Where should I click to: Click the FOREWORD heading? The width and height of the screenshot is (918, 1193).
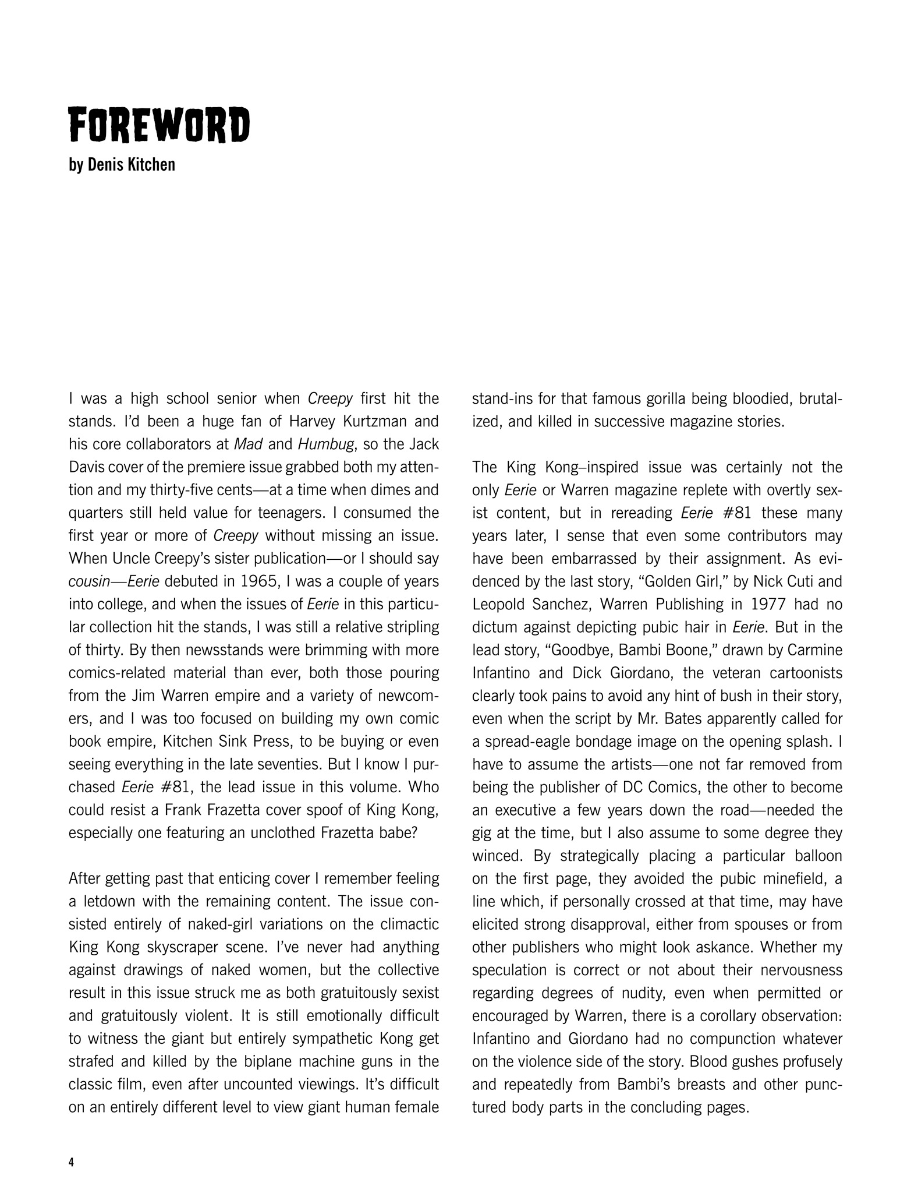[x=159, y=125]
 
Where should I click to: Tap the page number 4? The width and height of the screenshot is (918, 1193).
[x=72, y=1163]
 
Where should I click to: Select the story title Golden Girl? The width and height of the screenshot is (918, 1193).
[x=674, y=582]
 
